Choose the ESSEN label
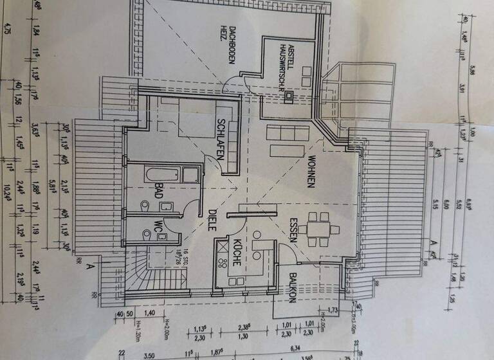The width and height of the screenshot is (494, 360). click(x=293, y=229)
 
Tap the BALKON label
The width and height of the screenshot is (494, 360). click(x=292, y=289)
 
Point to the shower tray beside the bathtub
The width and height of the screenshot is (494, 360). click(x=191, y=175)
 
